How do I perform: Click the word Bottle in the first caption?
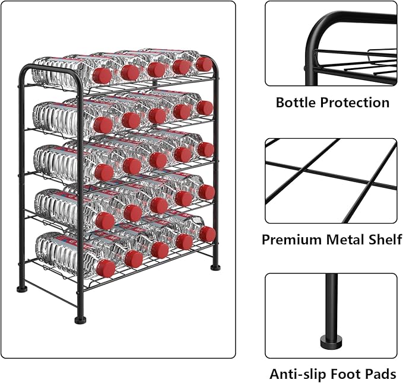(x=296, y=103)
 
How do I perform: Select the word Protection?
(x=354, y=103)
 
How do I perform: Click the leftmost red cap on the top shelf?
(x=103, y=75)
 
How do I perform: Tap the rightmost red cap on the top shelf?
(x=204, y=64)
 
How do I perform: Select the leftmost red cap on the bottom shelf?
(x=106, y=269)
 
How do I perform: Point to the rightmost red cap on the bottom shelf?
(x=208, y=234)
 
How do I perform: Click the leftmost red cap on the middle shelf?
(x=104, y=172)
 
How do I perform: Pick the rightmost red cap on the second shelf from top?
(x=204, y=108)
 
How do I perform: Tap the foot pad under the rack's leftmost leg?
(x=23, y=291)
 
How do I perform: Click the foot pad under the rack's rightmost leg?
(x=215, y=267)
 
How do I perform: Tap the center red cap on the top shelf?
(x=157, y=69)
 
